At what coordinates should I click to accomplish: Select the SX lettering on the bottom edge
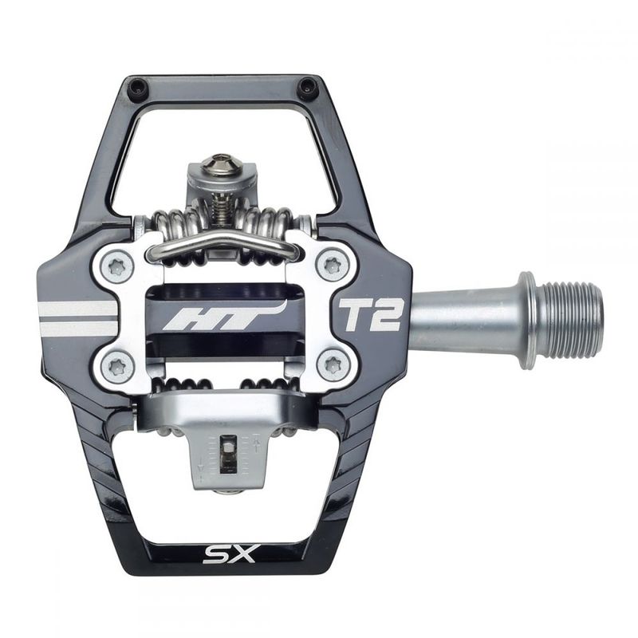tap(229, 553)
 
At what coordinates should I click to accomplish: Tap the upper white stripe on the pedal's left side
tap(78, 309)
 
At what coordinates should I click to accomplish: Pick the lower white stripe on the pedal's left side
tap(77, 328)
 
